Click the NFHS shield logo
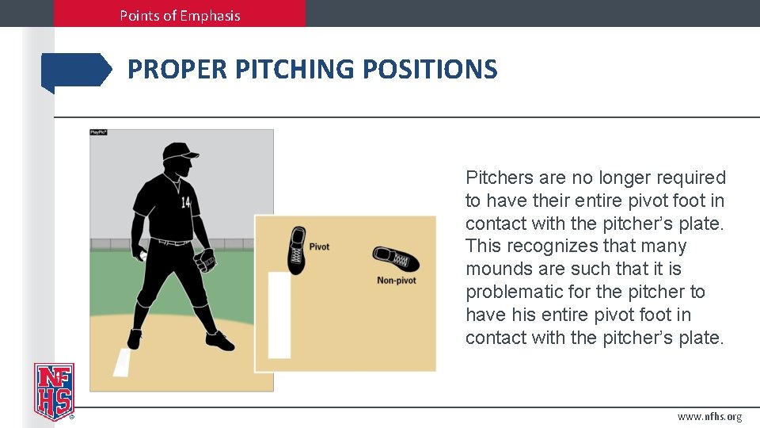[54, 390]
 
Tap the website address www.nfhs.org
[709, 417]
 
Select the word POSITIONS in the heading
[430, 70]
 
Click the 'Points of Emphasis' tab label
[180, 15]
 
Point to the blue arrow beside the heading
[76, 71]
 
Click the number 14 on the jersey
[185, 203]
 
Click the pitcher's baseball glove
[207, 260]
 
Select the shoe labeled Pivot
[296, 250]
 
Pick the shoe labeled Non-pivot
[396, 258]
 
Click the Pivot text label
[319, 246]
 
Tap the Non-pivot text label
[396, 281]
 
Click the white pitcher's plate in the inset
[279, 315]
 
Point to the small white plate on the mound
[122, 363]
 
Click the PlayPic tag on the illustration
[98, 132]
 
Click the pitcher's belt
[172, 241]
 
